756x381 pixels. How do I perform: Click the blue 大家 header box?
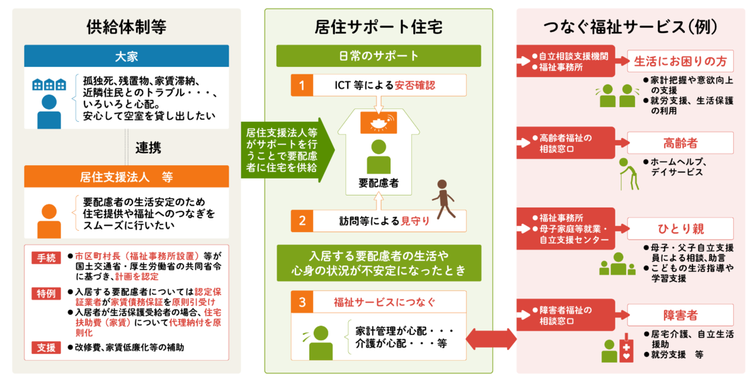coord(127,56)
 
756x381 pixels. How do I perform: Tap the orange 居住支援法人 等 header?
coord(127,177)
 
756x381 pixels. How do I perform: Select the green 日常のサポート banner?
coord(379,56)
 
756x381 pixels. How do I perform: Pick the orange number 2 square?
coord(302,221)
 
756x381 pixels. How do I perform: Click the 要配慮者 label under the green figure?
coord(378,183)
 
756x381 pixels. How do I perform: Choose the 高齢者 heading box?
coord(680,143)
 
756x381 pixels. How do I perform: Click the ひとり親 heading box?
coord(680,228)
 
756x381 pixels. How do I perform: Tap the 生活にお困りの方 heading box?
coord(680,61)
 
